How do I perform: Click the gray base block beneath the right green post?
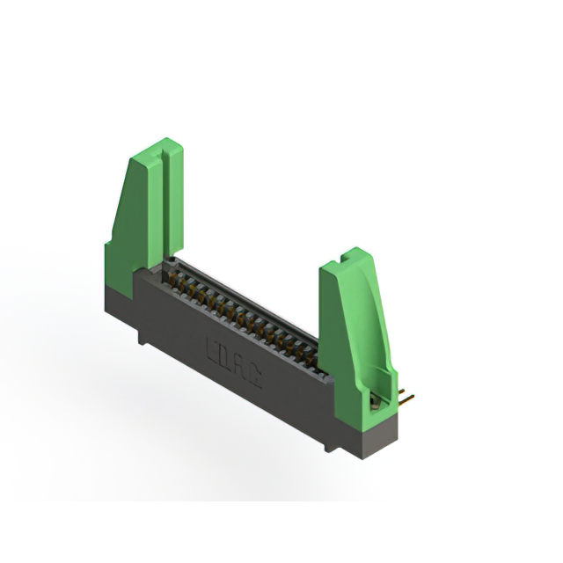[x=369, y=435]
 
